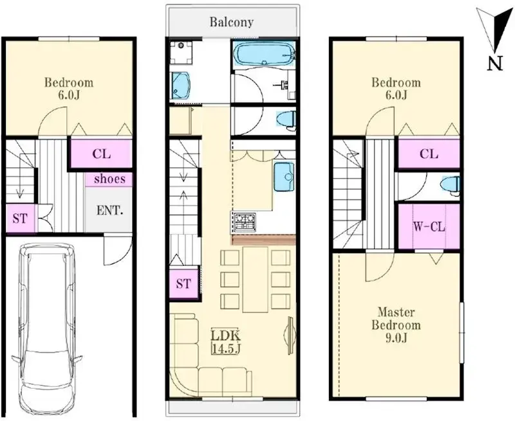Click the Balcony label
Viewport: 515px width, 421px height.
(x=231, y=22)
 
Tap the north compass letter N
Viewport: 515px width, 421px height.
(x=494, y=62)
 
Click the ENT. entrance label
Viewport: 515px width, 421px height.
(x=111, y=209)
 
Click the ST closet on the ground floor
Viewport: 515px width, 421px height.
(x=20, y=219)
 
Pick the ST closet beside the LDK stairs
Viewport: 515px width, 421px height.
(x=183, y=283)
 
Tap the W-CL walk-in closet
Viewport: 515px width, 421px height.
(x=428, y=227)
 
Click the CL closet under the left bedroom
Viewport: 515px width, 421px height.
(x=101, y=154)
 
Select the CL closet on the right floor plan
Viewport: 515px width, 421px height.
(x=429, y=154)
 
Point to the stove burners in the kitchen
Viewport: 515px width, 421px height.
(x=245, y=222)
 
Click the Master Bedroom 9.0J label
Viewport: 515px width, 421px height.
(x=398, y=319)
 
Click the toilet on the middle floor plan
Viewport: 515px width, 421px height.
(x=285, y=120)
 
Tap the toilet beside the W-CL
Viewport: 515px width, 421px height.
(x=451, y=185)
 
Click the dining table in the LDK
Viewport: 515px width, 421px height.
(x=254, y=280)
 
